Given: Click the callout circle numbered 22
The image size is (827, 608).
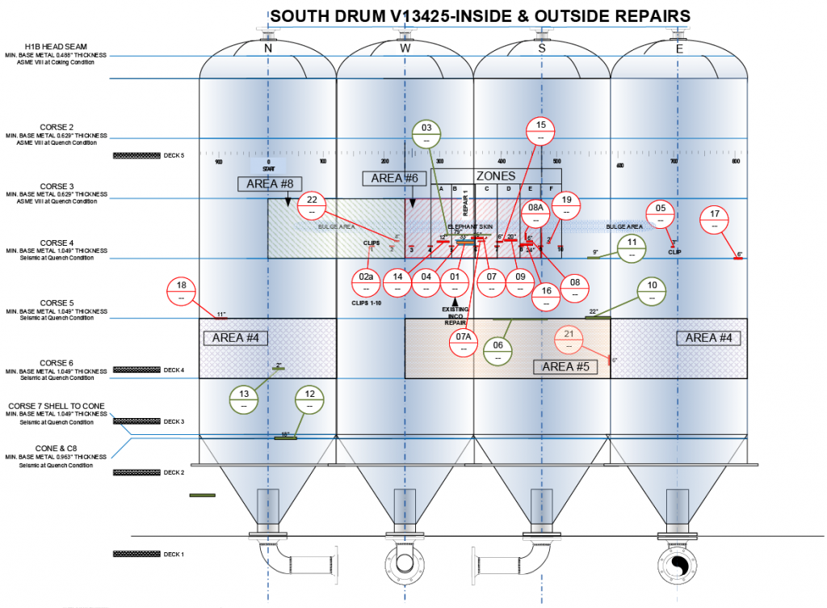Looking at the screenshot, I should [312, 207].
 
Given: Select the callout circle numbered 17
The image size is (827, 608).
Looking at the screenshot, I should [715, 219].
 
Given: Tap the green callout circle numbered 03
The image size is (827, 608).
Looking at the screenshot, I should [426, 133].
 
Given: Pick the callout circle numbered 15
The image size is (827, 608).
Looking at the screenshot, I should [541, 130].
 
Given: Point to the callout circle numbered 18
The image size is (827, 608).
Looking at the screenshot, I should [181, 290].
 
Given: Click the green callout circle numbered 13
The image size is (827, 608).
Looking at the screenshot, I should [244, 399].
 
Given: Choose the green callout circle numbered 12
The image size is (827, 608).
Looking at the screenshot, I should [309, 399].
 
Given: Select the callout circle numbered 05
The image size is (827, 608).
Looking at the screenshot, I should [661, 213].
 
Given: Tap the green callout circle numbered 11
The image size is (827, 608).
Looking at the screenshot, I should [632, 248].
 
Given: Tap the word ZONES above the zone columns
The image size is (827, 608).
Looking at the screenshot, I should [496, 176].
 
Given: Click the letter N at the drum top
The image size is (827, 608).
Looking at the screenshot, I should [268, 49].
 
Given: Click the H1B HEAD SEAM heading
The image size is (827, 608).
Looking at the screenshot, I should [56, 47].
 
